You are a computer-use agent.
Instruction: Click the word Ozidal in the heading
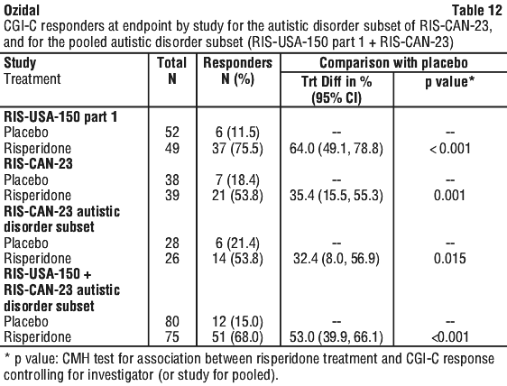tap(22, 10)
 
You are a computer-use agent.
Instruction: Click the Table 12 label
tap(477, 10)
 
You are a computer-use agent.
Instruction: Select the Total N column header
tap(172, 71)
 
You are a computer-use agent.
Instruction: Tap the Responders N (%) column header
tap(238, 71)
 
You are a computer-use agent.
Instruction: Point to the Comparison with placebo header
tap(393, 63)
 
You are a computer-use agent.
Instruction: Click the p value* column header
tap(449, 81)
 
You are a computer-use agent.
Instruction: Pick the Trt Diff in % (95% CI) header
tap(336, 89)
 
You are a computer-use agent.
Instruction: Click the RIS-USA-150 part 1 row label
tap(60, 116)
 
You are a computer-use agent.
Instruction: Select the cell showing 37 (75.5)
tap(237, 149)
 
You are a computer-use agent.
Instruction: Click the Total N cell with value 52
tap(172, 133)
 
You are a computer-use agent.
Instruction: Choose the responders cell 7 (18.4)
tap(237, 179)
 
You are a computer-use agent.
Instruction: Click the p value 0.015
tap(450, 258)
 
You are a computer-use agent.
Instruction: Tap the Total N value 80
tap(172, 321)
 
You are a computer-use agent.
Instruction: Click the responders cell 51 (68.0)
tap(237, 337)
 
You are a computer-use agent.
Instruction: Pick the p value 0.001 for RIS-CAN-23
tap(450, 196)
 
